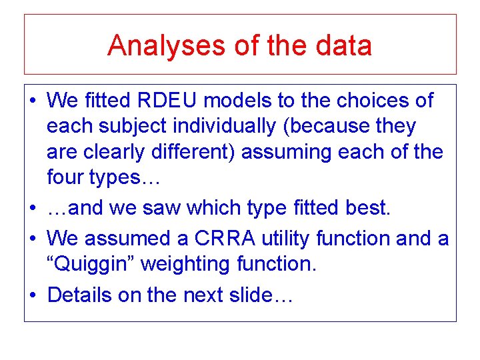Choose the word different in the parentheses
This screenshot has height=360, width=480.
pos(198,152)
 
